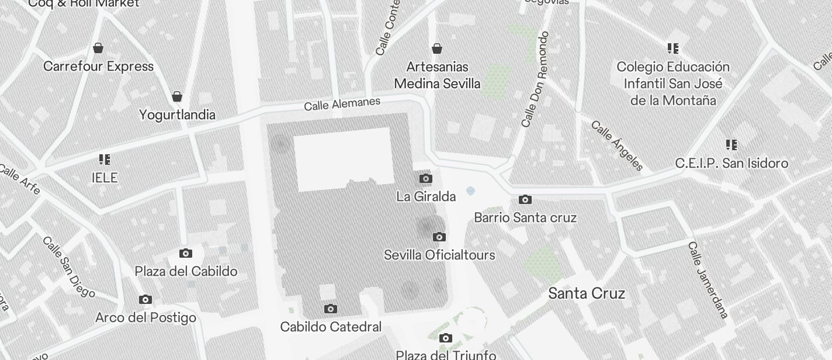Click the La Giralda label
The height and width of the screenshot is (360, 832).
[x=426, y=196]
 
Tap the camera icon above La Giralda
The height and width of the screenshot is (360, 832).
[x=426, y=178]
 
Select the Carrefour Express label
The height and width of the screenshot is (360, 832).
[x=98, y=66]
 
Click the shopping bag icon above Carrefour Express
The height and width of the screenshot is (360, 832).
[x=98, y=47]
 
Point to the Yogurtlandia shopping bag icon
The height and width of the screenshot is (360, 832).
[x=177, y=96]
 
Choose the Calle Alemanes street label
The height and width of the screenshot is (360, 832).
[x=342, y=104]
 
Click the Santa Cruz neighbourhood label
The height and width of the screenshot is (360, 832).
[x=586, y=293]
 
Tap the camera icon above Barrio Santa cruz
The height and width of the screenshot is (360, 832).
[x=525, y=199]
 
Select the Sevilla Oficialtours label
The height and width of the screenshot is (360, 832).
[x=439, y=255]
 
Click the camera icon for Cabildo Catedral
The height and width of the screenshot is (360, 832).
[x=331, y=309]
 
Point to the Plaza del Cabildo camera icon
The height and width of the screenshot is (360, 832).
[x=186, y=253]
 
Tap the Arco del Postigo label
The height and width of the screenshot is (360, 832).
[x=145, y=318]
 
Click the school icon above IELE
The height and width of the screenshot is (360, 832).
[x=105, y=159]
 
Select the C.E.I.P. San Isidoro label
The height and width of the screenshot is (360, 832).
[x=732, y=163]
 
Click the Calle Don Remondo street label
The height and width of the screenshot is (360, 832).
[x=535, y=79]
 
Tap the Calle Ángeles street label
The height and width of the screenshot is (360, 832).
[x=617, y=146]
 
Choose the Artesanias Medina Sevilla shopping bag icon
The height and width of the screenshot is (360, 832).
[x=436, y=48]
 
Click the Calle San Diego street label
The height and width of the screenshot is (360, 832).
[x=68, y=266]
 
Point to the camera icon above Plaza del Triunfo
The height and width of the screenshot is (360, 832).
[x=446, y=338]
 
